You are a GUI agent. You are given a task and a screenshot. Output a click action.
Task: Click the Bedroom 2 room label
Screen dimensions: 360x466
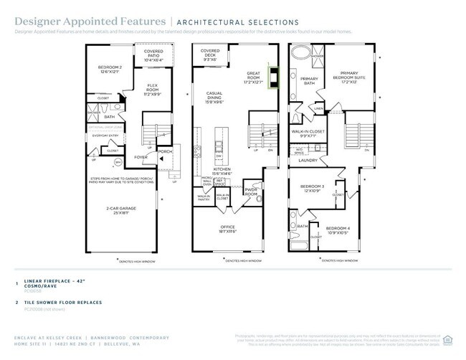point(110,70)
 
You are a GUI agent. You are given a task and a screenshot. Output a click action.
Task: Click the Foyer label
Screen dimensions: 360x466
point(141,156)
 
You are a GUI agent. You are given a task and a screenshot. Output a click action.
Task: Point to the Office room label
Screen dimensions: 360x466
point(227,230)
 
